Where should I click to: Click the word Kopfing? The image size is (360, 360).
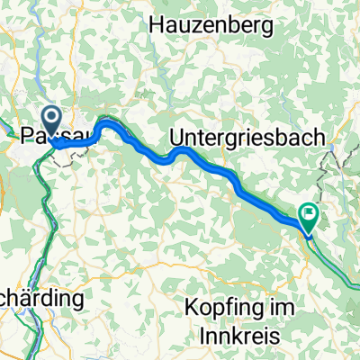[220, 307]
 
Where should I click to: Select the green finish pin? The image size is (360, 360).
[310, 216]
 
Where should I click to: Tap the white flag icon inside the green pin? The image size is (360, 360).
[310, 213]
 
